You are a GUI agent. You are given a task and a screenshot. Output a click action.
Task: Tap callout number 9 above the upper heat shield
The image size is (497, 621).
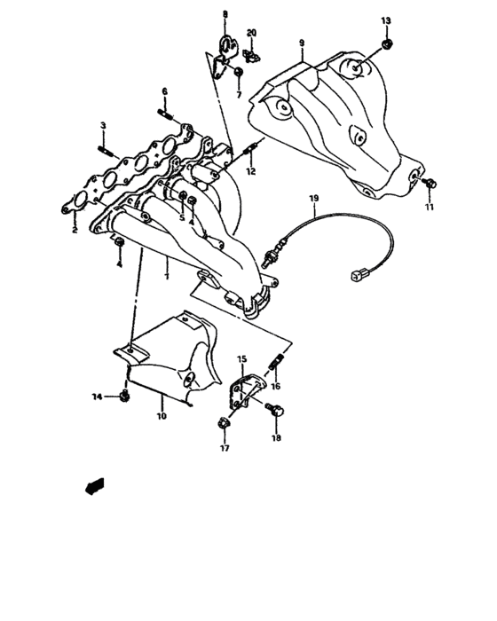click(x=302, y=43)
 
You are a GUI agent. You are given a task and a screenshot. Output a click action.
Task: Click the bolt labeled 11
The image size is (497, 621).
click(x=430, y=184)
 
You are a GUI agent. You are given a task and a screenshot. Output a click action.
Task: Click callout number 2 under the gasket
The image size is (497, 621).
click(x=75, y=230)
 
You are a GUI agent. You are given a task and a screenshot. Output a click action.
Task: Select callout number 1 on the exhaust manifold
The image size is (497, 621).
click(x=167, y=276)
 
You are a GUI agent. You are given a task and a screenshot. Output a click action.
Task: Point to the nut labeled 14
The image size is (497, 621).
click(x=125, y=395)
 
